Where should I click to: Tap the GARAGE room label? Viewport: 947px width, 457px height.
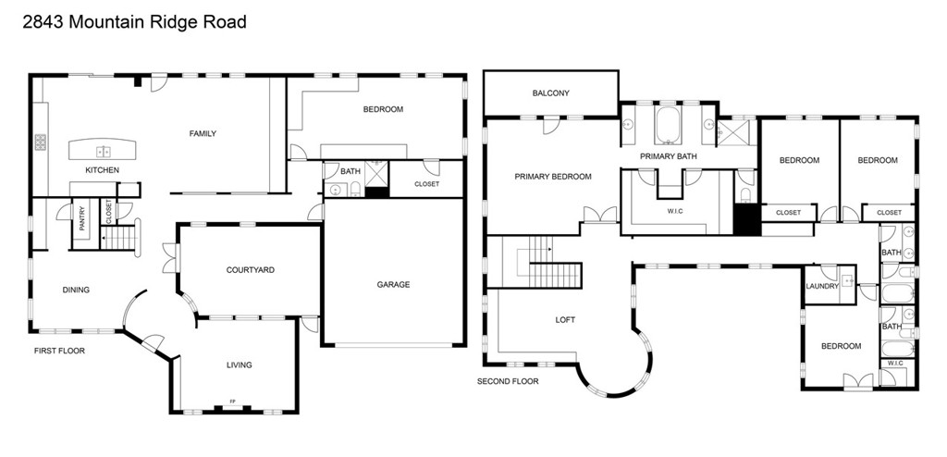(x=392, y=284)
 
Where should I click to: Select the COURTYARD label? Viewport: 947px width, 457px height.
(x=250, y=270)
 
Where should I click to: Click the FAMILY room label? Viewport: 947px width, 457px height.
(x=203, y=133)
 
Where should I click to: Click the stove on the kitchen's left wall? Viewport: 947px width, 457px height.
(x=41, y=142)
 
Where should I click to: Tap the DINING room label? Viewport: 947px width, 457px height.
(x=76, y=290)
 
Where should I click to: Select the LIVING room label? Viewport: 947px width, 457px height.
(x=239, y=364)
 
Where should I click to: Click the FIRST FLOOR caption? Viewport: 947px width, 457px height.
(x=60, y=351)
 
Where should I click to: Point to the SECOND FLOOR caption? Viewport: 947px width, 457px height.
(x=508, y=381)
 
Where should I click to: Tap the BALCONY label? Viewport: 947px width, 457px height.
(x=550, y=93)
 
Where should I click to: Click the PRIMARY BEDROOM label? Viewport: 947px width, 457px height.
(x=553, y=176)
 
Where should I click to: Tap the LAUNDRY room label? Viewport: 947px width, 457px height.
(x=821, y=286)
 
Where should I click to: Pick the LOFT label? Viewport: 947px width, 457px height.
(x=565, y=319)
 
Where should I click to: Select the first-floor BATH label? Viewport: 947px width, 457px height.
(x=351, y=171)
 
